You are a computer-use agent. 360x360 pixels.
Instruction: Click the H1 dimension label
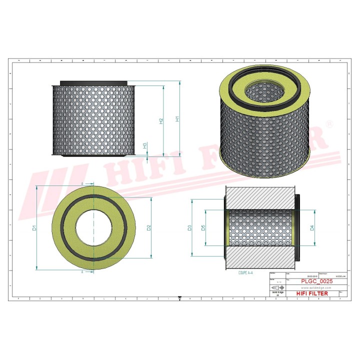177,119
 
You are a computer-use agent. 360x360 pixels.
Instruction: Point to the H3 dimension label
145,145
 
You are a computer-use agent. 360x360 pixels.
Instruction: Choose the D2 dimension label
149,228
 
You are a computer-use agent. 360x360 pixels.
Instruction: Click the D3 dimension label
189,228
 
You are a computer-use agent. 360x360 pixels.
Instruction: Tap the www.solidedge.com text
314,288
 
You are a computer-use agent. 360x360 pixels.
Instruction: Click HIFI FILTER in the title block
314,293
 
